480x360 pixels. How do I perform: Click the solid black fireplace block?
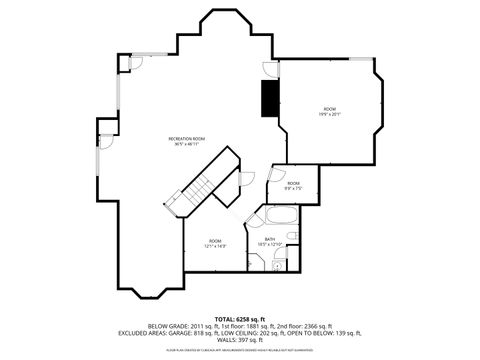coord(268,98)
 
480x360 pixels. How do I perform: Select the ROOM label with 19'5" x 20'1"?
coord(330,108)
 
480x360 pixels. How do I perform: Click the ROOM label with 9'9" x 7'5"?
coord(293,183)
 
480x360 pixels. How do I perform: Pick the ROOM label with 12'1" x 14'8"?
coord(215,241)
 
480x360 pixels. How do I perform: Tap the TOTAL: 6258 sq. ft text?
coord(240,317)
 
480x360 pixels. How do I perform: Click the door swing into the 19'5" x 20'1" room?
coord(270,69)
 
